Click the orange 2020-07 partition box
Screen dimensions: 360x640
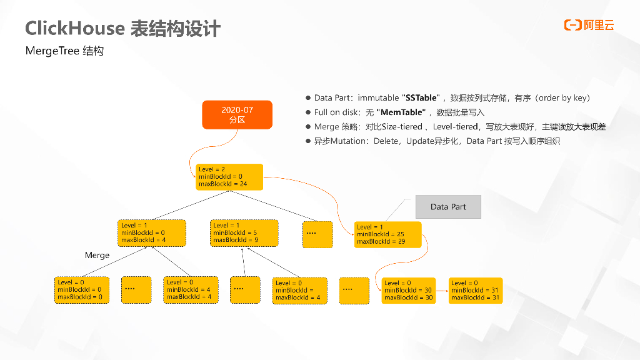tap(237, 114)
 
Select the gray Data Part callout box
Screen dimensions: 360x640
tap(448, 207)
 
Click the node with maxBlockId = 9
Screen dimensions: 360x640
tap(244, 232)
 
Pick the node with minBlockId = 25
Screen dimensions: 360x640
tap(387, 234)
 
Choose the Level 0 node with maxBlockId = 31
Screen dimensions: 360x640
tap(475, 290)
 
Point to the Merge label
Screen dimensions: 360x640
tap(97, 255)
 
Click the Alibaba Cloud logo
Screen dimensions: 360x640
tap(589, 25)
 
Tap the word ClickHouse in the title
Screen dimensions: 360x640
tap(74, 29)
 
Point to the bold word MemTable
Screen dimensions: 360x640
tap(401, 112)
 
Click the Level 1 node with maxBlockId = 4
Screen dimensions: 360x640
tap(152, 232)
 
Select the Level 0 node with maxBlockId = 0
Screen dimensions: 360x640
tap(82, 290)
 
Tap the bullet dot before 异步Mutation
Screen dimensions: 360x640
tap(308, 141)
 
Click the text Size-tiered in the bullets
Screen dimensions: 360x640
tap(401, 127)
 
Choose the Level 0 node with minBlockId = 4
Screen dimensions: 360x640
tap(191, 290)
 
